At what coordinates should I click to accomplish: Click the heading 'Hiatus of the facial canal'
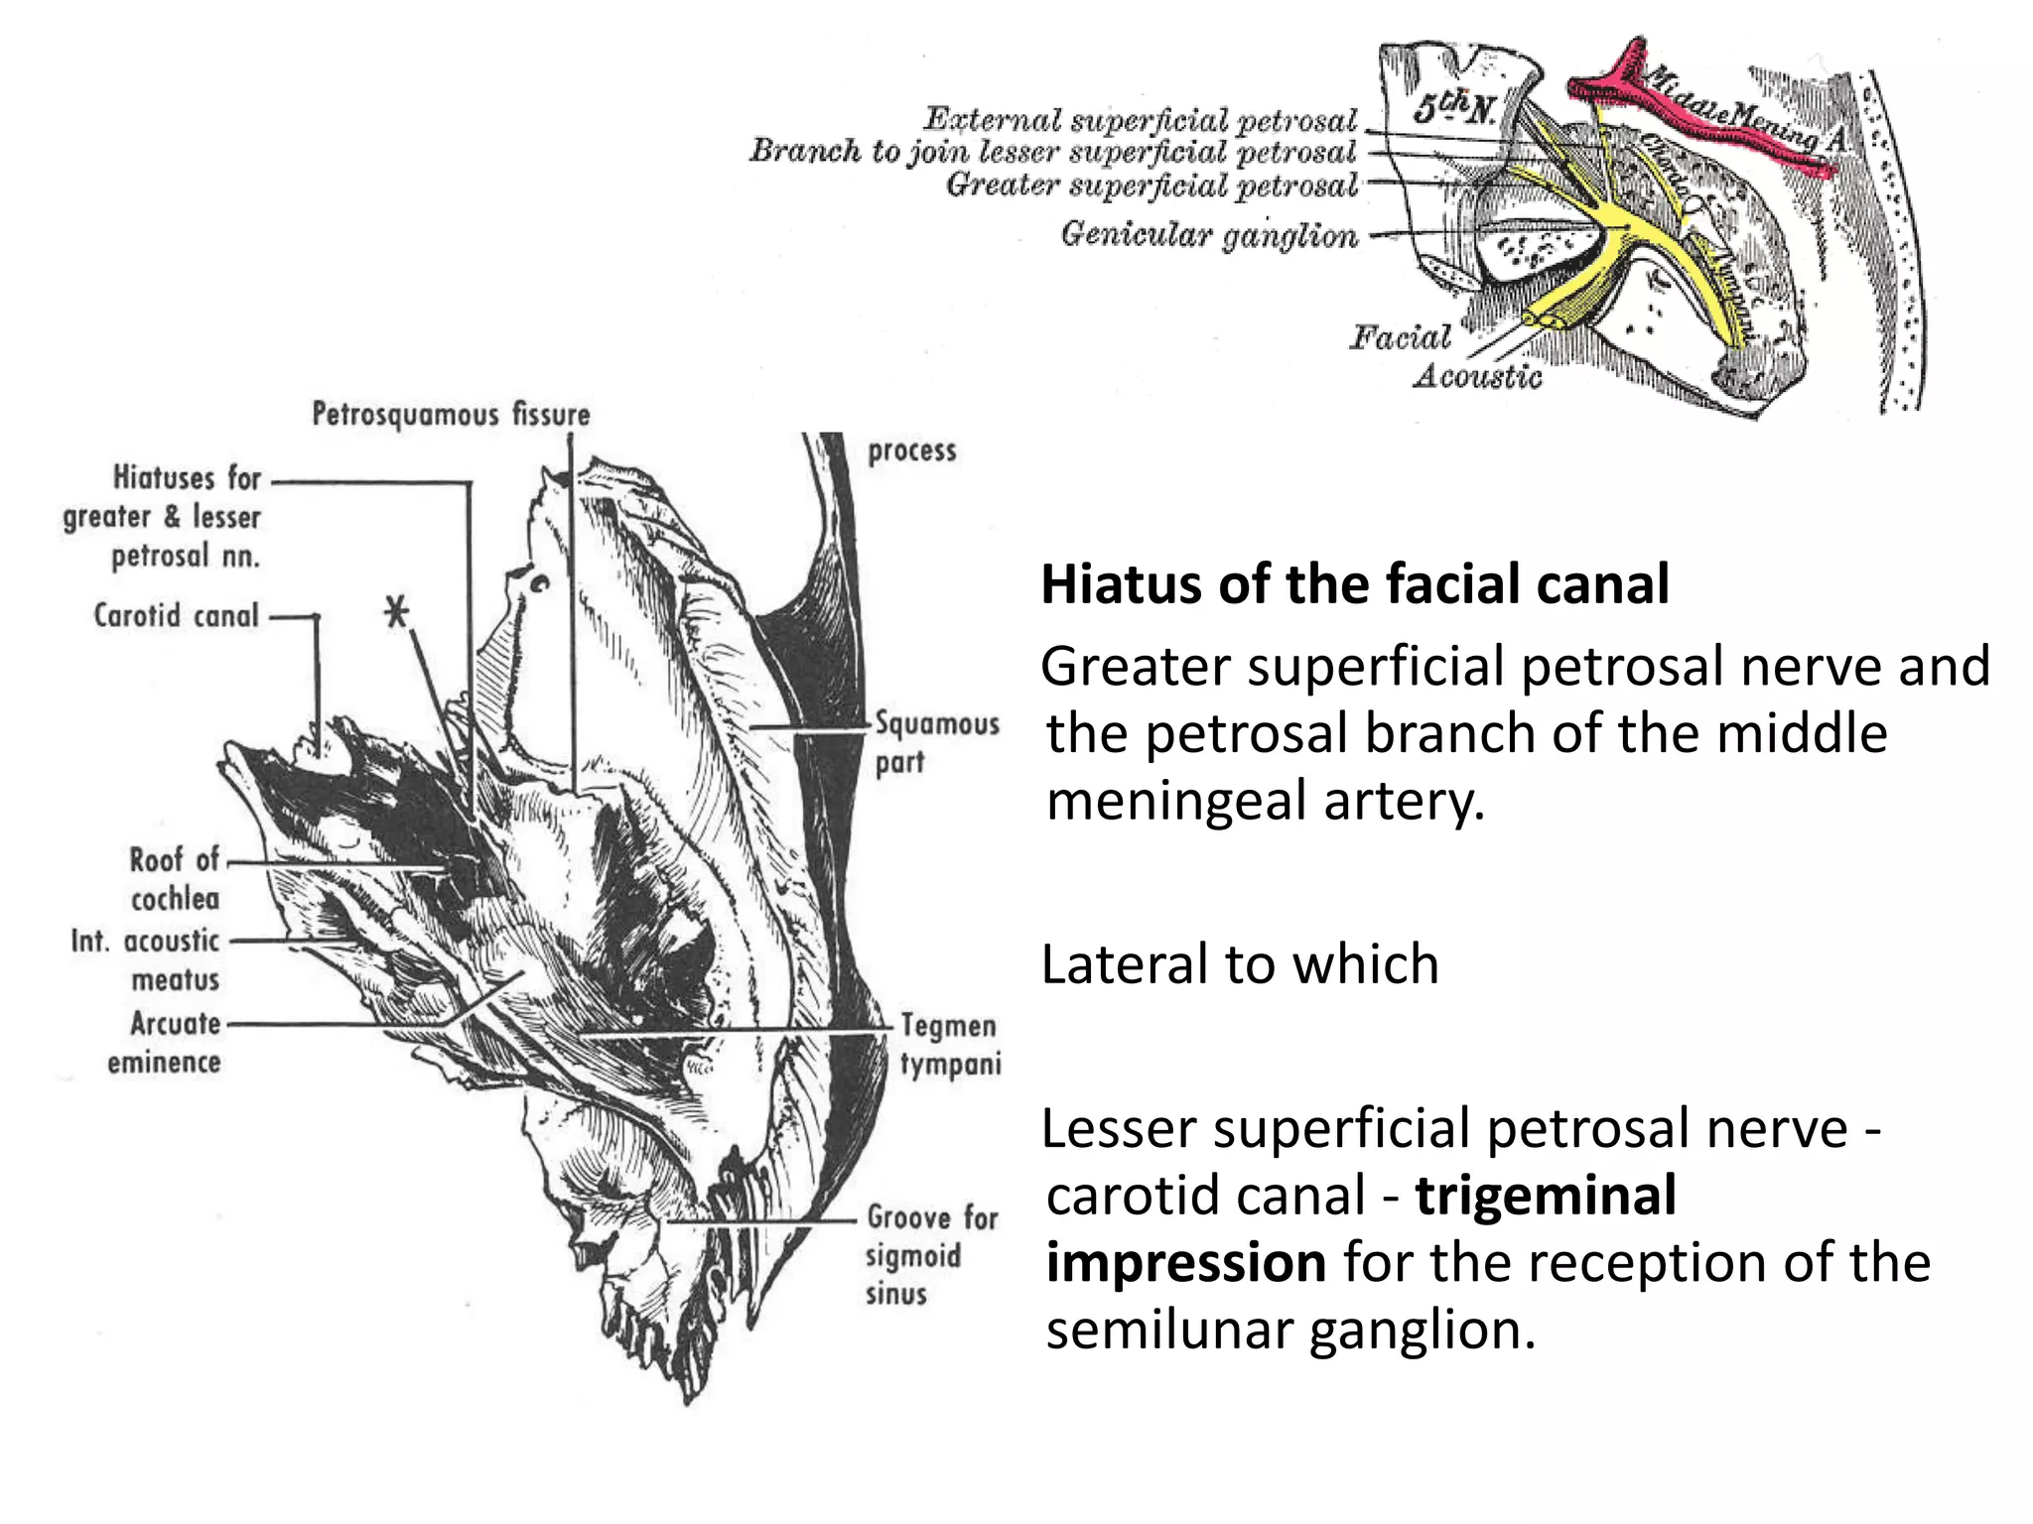[x=1354, y=584]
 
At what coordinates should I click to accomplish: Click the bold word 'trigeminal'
[x=1545, y=1196]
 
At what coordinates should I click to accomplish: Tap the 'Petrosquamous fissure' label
[x=451, y=415]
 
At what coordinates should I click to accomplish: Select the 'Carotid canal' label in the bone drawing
[x=176, y=616]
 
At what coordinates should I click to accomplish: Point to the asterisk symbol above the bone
[x=397, y=612]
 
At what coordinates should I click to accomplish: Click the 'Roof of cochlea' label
[x=175, y=879]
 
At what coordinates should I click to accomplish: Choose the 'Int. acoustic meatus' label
[x=145, y=959]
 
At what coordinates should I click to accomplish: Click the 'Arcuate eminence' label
[x=165, y=1042]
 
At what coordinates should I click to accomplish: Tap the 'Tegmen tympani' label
[x=949, y=1045]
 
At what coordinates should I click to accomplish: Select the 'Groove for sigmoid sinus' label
[x=931, y=1255]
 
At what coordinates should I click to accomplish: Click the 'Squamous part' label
[x=936, y=742]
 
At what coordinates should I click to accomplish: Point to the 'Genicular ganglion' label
[x=1209, y=235]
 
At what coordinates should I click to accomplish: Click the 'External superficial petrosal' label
[x=1140, y=120]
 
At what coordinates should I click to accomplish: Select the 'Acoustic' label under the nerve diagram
[x=1477, y=377]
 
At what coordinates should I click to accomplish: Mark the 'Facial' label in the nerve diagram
[x=1400, y=338]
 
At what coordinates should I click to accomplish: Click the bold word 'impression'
[x=1185, y=1263]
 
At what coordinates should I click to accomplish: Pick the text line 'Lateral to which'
[x=1239, y=964]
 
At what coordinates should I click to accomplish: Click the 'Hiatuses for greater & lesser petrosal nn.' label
[x=162, y=517]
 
